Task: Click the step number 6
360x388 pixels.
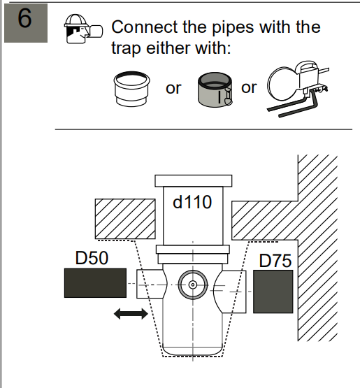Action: (x=24, y=18)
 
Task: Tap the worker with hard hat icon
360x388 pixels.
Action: (x=83, y=29)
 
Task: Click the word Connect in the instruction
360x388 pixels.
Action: (x=145, y=27)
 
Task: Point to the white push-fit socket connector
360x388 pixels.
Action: (x=131, y=89)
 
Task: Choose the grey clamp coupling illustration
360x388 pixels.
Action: (x=215, y=89)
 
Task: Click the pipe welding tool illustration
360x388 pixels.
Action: (x=298, y=89)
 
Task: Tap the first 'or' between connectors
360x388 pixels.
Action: (x=173, y=88)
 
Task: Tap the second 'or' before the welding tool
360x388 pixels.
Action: (x=249, y=87)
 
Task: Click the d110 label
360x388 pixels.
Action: (x=192, y=202)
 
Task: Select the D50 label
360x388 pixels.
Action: (x=92, y=258)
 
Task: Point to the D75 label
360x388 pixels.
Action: (x=275, y=261)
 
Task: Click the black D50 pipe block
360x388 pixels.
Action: (x=95, y=283)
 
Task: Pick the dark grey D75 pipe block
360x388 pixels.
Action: (x=273, y=292)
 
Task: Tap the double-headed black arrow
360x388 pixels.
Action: (x=131, y=313)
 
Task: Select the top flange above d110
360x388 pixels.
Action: (x=194, y=181)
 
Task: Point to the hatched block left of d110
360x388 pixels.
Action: (x=125, y=219)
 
